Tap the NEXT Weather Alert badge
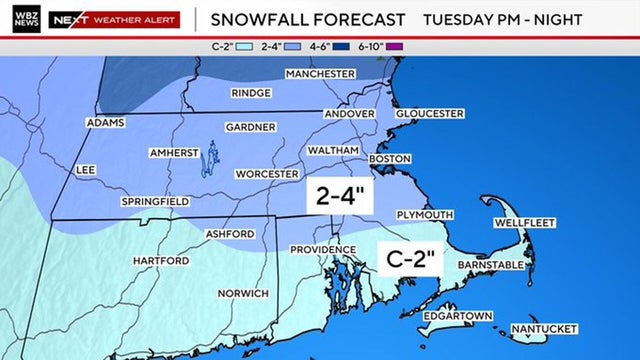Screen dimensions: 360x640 pos(115,19)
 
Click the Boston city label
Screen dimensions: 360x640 pos(391,159)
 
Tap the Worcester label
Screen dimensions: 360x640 pos(267,173)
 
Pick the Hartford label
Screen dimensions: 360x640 pos(161,261)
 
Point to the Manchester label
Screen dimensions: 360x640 pos(320,74)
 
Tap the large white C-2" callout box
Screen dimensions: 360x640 pos(413,260)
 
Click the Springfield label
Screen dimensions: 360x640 pos(155,201)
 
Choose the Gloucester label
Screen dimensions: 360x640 pos(430,113)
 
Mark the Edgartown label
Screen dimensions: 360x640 pos(457,316)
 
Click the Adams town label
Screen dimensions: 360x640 pos(107,123)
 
